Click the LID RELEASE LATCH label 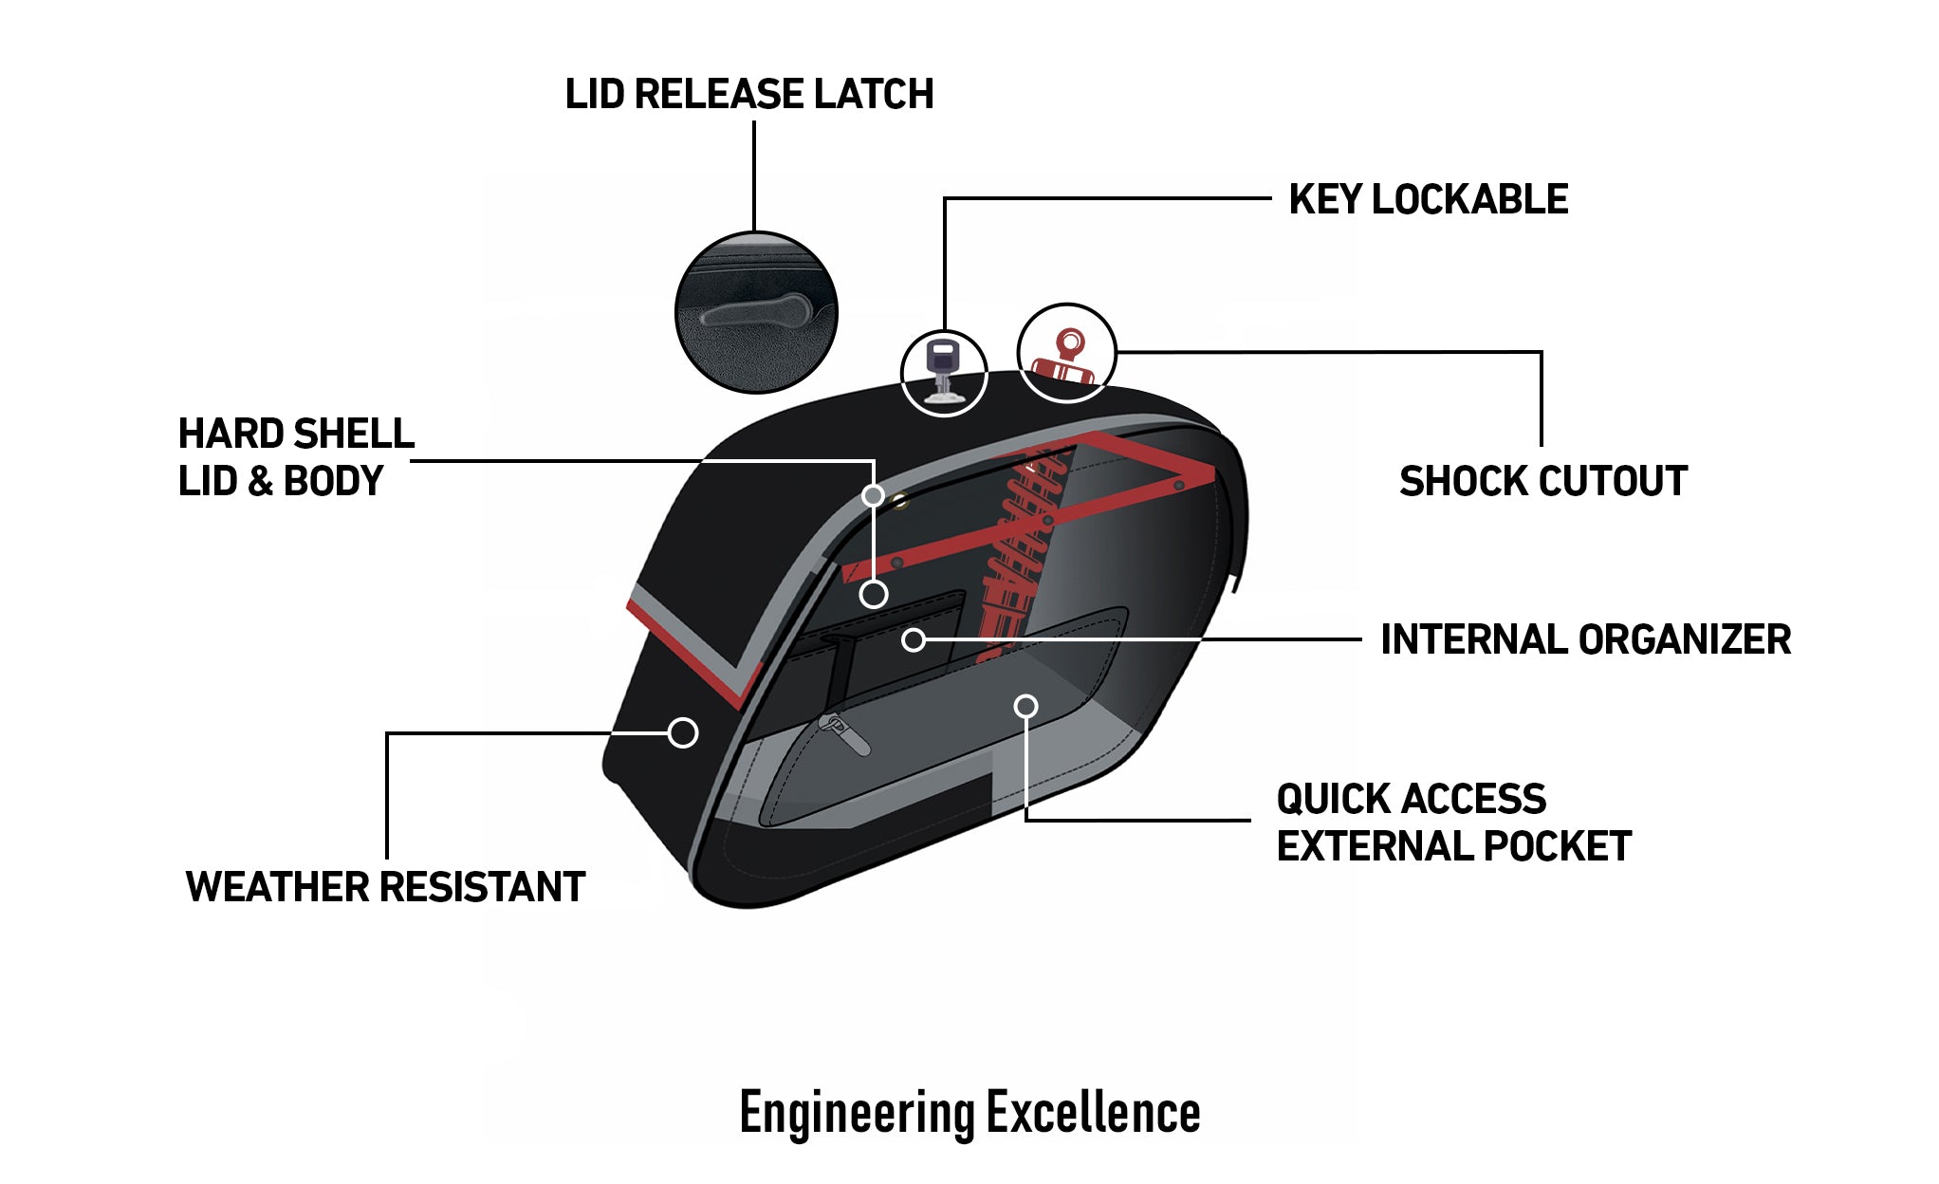click(x=748, y=94)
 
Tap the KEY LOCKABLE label click(x=1428, y=199)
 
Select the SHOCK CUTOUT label click(x=1543, y=481)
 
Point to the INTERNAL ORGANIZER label click(x=1585, y=639)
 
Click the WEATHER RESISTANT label click(x=385, y=887)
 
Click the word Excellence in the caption click(x=1093, y=1112)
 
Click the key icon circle click(x=943, y=373)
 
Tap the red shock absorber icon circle click(x=1066, y=353)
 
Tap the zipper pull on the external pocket click(x=843, y=733)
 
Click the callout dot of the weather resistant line click(x=683, y=732)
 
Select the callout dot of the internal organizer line click(x=914, y=639)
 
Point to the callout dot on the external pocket click(x=1025, y=706)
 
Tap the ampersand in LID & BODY click(x=259, y=481)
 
